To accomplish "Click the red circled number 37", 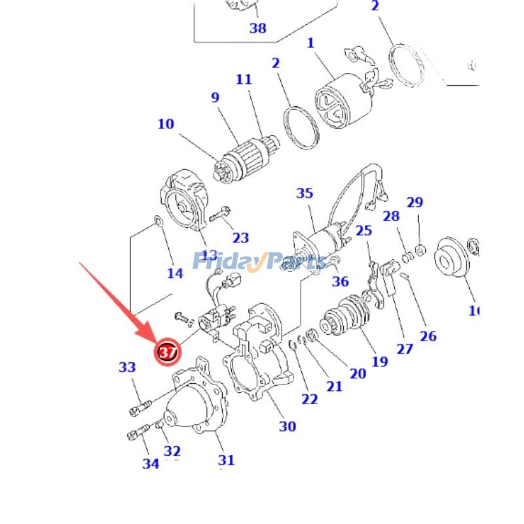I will point(166,352).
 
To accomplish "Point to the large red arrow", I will point(118,301).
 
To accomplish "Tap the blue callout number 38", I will point(257,28).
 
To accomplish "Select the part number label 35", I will point(305,193).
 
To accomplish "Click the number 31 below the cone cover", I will point(226,460).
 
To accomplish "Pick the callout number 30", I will point(288,426).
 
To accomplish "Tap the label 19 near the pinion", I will point(379,361).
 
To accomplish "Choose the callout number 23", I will point(241,238).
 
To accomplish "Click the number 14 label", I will point(175,272).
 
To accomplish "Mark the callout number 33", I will point(127,368).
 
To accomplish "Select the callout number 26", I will point(428,336).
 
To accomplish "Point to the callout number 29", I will point(415,202).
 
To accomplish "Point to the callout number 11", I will point(244,80).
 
